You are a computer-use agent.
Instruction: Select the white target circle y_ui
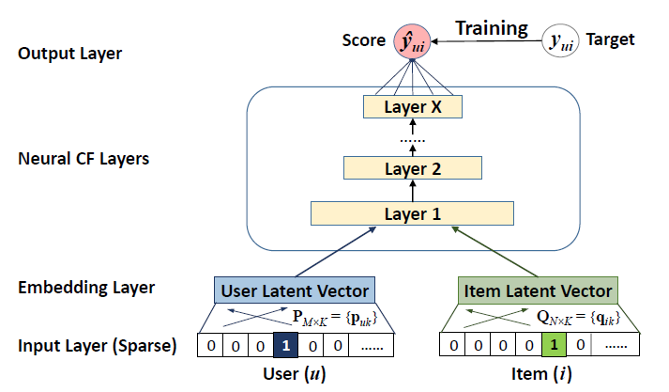(561, 39)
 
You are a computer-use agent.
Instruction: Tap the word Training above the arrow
(492, 28)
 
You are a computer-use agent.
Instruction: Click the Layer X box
(412, 106)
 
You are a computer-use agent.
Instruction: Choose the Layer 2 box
(412, 169)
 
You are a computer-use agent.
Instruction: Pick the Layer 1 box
(412, 213)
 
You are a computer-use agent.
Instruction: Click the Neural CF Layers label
(84, 158)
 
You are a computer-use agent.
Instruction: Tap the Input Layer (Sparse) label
(97, 345)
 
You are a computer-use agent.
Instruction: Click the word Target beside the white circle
(610, 39)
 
